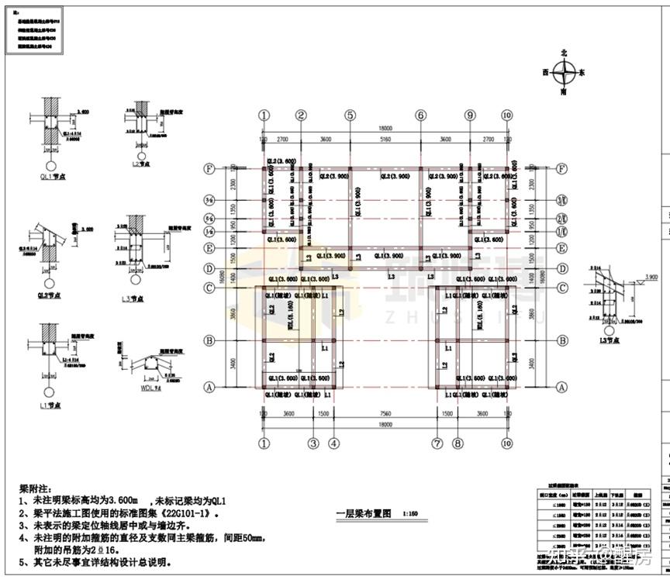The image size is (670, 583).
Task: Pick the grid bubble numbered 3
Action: [x=313, y=443]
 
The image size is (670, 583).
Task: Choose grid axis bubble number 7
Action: [x=437, y=443]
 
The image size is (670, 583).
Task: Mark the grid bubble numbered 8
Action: [x=458, y=443]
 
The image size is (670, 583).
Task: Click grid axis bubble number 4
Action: [x=333, y=443]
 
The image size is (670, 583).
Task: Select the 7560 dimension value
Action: [x=385, y=415]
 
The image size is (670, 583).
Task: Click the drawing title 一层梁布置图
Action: [x=364, y=513]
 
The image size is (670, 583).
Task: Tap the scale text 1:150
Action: [x=411, y=513]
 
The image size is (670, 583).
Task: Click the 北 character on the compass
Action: [x=564, y=52]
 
